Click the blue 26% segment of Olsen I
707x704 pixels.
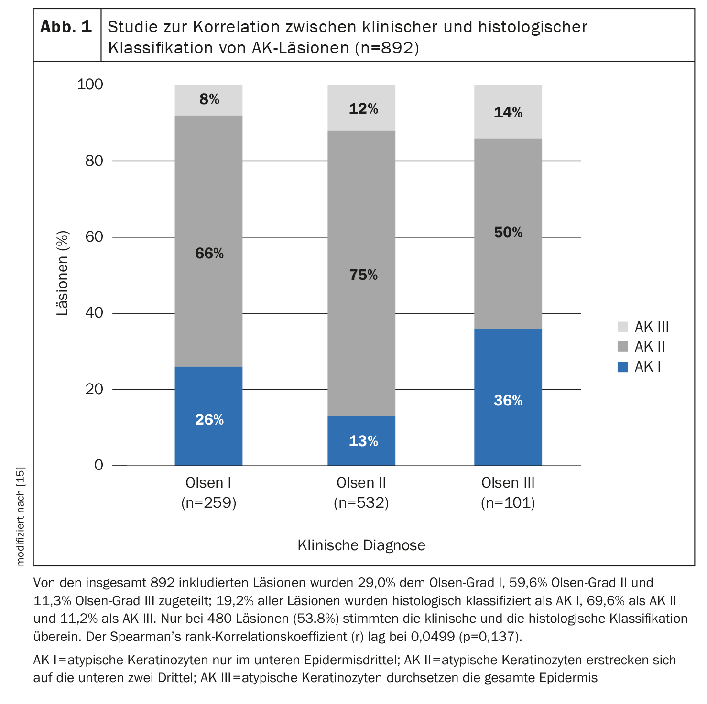coord(208,416)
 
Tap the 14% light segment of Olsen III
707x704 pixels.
coord(508,112)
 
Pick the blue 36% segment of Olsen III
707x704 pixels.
coord(508,396)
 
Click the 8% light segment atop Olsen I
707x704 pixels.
coord(208,100)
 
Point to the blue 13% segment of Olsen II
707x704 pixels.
coord(361,440)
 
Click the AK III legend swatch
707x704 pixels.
coord(622,327)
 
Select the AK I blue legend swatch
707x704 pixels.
coord(622,367)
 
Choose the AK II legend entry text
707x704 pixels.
coord(650,347)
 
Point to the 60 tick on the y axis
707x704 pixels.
coord(94,237)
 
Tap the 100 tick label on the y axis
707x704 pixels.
coord(90,85)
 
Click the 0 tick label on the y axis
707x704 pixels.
coord(98,465)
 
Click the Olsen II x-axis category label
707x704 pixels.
coord(361,483)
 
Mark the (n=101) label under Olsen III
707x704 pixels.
coord(508,503)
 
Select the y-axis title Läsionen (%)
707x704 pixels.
coord(63,273)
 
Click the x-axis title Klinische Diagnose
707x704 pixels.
coord(361,545)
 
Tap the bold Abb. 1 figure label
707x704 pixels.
coord(66,27)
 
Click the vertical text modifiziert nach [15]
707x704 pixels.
coord(20,516)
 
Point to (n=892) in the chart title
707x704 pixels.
coord(387,48)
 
